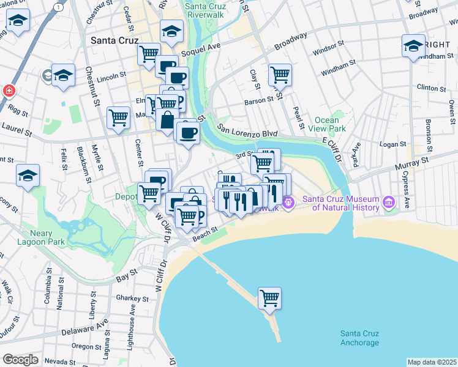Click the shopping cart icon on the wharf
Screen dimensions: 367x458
click(269, 299)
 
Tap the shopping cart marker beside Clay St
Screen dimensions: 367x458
click(280, 75)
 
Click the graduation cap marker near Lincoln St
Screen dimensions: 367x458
click(63, 76)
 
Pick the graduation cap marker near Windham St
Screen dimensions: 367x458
click(414, 46)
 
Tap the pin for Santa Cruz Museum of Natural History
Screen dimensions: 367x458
click(388, 202)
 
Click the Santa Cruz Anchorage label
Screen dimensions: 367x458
click(359, 338)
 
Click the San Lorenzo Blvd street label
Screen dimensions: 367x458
click(248, 133)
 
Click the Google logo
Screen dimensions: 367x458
click(20, 360)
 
